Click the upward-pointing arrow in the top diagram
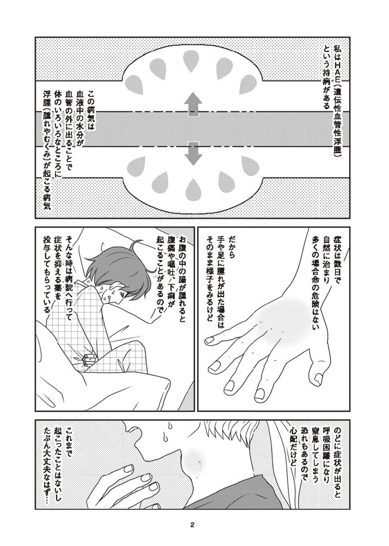(x=193, y=104)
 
